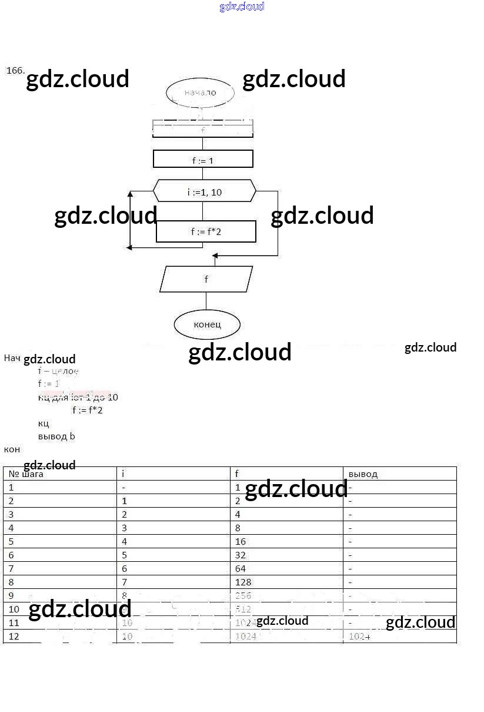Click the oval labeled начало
point(200,92)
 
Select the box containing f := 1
point(203,160)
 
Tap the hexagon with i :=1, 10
point(204,192)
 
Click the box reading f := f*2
point(206,231)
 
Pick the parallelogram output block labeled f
point(206,279)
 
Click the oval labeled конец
point(207,324)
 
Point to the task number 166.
point(15,71)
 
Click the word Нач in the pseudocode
point(12,358)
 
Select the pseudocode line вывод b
point(56,436)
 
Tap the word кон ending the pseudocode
point(12,449)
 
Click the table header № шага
point(26,474)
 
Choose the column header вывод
point(363,474)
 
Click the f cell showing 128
point(243,582)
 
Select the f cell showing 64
point(241,569)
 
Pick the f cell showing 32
point(241,555)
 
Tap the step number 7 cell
point(11,569)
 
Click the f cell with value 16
point(241,542)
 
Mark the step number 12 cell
point(14,637)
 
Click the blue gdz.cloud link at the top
point(242,6)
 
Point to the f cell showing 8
point(238,528)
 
